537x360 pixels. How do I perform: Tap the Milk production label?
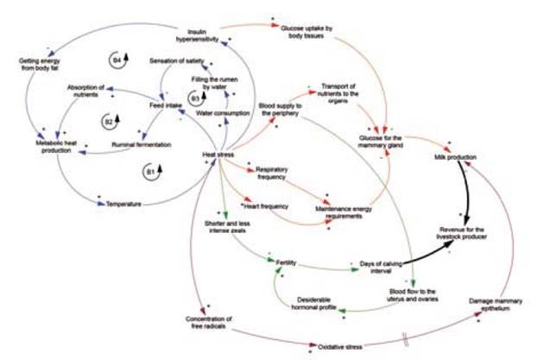(x=456, y=158)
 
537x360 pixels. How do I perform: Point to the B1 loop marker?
(x=152, y=174)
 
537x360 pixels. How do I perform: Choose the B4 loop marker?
(x=119, y=59)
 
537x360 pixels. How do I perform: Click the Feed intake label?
(x=164, y=104)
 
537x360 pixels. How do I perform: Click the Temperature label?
(x=123, y=205)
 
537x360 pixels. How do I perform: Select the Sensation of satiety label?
(x=177, y=62)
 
